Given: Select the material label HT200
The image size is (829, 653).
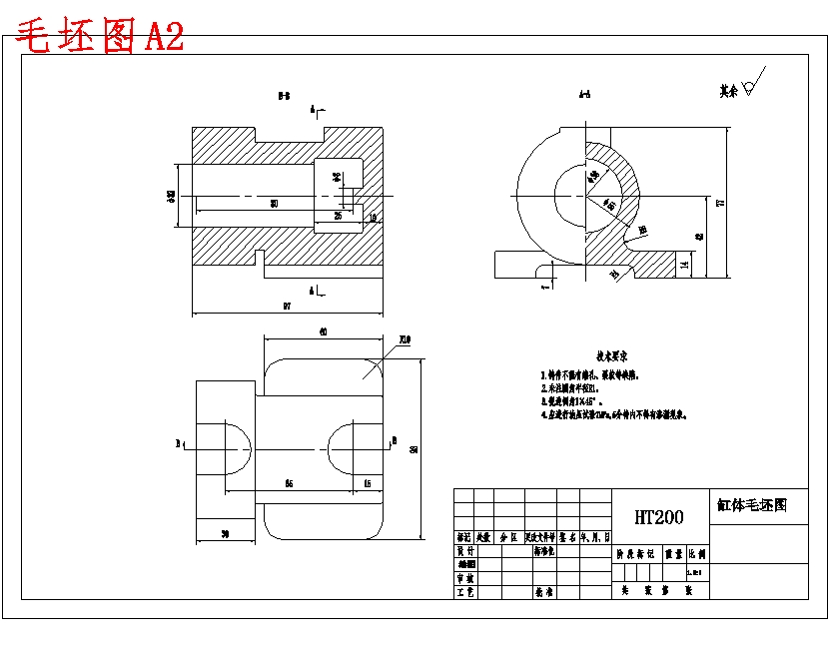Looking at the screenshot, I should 659,517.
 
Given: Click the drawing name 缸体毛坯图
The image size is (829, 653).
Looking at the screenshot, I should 752,505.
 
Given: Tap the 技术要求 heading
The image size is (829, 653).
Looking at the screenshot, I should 611,355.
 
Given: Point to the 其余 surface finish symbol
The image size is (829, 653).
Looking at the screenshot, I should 740,88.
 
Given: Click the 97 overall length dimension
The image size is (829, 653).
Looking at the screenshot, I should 287,307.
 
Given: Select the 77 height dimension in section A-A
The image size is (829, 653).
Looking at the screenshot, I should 720,203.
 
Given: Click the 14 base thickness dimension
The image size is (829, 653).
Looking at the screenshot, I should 684,265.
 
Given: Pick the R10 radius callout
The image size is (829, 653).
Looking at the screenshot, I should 405,340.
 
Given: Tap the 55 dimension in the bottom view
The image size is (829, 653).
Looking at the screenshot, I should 289,483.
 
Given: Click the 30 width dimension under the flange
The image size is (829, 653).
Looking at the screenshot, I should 225,535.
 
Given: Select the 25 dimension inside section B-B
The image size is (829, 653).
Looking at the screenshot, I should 338,215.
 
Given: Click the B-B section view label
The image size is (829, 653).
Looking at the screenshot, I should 284,97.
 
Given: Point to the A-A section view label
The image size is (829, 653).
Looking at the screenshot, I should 584,96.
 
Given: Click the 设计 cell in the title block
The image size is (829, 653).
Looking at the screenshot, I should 464,550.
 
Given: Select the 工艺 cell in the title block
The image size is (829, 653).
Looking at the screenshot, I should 464,592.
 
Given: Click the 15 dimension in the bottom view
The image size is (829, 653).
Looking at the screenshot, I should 368,483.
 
